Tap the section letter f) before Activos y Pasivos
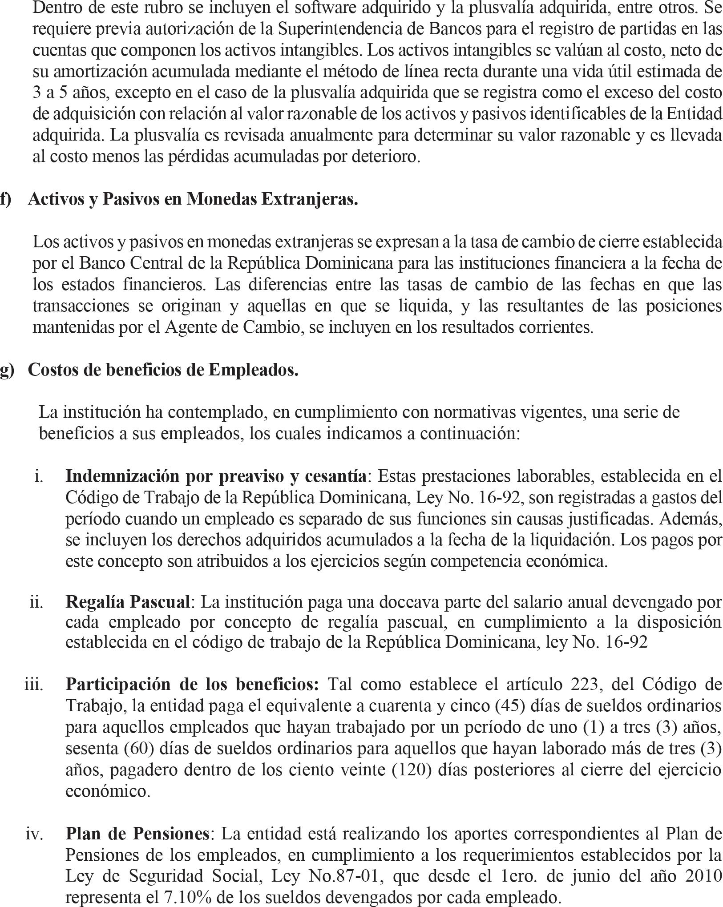[5, 199]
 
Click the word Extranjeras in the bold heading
[309, 199]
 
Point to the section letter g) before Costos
[7, 370]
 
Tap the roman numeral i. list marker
[39, 476]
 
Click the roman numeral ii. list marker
[36, 602]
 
